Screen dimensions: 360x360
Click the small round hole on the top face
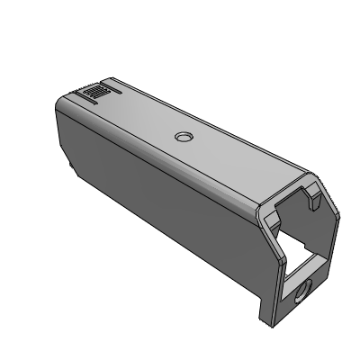(184, 137)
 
